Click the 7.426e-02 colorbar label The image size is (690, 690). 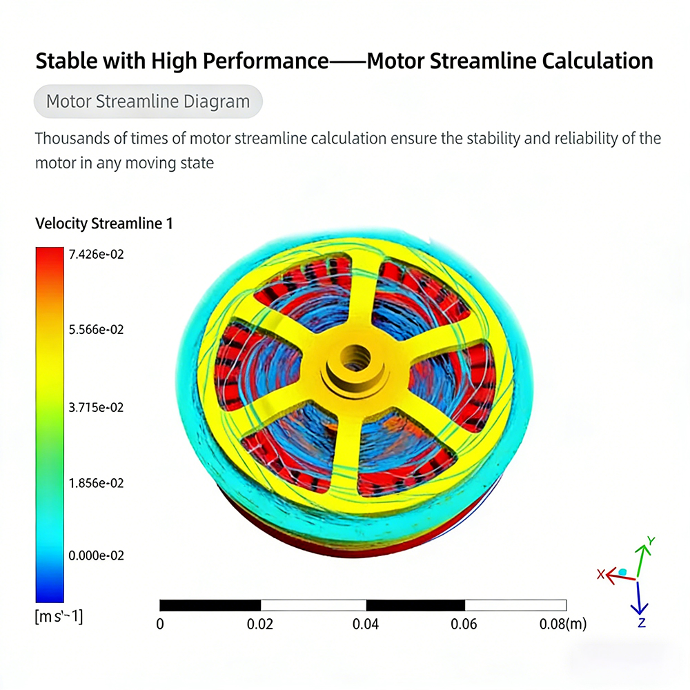click(96, 255)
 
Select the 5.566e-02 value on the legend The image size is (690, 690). click(96, 330)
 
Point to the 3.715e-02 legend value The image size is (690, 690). click(96, 408)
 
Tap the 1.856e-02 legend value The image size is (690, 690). click(96, 484)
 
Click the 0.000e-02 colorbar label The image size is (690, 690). click(96, 555)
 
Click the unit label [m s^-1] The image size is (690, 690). click(59, 616)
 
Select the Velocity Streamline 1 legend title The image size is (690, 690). click(103, 224)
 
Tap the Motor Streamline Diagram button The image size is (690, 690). click(148, 102)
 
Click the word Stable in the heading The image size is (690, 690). click(66, 61)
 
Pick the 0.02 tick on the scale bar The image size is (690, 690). click(260, 624)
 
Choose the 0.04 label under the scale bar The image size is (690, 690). click(366, 624)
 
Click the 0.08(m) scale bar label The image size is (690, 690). click(562, 624)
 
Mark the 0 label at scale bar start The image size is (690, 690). click(160, 624)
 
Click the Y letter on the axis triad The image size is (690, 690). click(651, 541)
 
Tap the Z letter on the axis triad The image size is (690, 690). click(641, 622)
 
